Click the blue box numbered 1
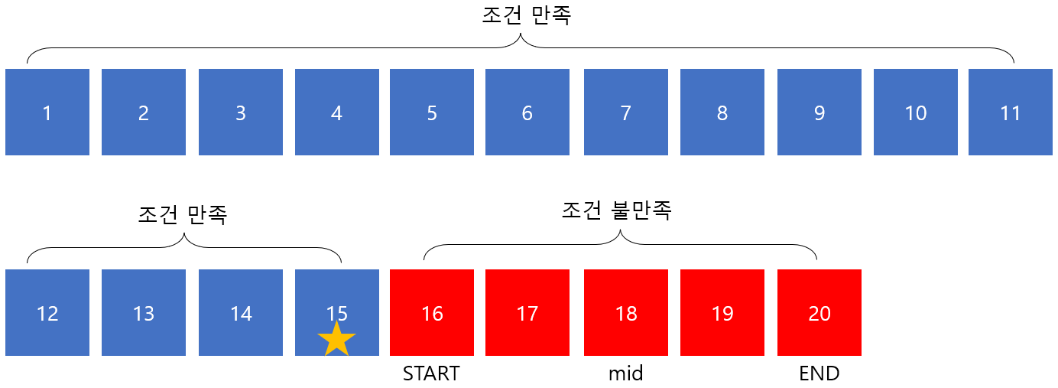47,112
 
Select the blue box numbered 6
527,112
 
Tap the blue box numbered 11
1010,112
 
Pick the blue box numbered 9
819,112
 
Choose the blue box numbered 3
241,112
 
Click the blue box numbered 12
47,313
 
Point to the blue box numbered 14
241,313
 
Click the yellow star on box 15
336,339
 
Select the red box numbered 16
432,313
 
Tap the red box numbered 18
626,313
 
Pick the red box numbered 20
819,313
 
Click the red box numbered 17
527,313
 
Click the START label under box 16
431,373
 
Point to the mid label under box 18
625,373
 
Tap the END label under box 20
819,373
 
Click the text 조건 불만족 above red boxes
616,211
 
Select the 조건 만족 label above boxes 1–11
526,16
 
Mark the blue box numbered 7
626,112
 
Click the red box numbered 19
722,313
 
